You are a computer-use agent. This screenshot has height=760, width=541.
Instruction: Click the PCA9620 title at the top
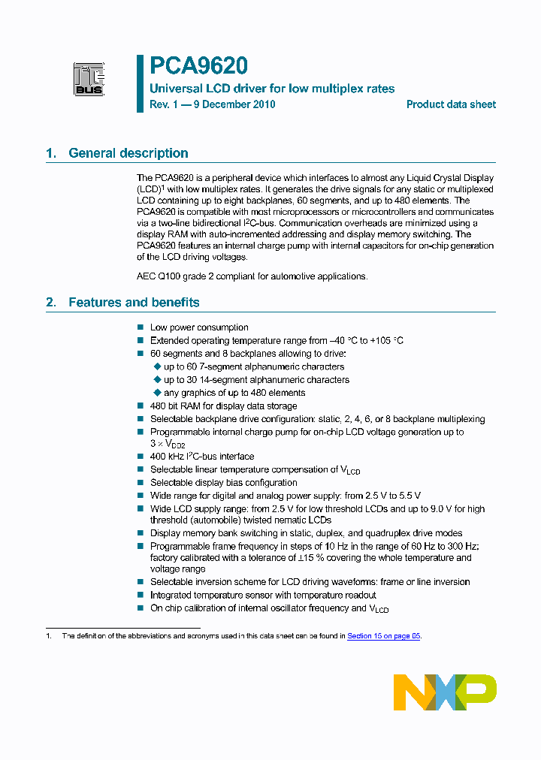(198, 67)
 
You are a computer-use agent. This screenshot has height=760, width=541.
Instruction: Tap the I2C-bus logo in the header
(88, 79)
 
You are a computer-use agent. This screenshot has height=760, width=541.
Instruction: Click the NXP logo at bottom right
(445, 692)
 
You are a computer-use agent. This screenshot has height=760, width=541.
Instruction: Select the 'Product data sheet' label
(451, 104)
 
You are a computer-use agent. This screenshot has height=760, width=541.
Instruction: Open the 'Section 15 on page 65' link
(383, 635)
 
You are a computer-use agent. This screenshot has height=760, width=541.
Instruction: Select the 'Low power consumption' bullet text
(199, 327)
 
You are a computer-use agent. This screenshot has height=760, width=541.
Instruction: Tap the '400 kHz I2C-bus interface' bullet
(202, 457)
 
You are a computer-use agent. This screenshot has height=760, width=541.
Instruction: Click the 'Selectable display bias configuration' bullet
(223, 483)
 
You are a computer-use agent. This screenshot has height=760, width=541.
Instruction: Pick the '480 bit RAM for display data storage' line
(224, 406)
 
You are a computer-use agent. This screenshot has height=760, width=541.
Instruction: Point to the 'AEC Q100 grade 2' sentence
(252, 276)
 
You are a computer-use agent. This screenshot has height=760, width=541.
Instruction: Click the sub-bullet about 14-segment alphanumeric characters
(256, 380)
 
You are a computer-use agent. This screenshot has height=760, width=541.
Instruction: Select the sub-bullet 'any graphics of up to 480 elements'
(234, 393)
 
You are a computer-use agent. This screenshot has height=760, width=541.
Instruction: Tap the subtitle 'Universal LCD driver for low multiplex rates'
(272, 89)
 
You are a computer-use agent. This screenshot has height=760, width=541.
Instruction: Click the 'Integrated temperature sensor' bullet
(263, 595)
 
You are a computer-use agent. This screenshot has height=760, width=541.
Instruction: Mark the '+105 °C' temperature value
(386, 341)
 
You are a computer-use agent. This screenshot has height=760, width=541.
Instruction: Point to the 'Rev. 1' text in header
(164, 104)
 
